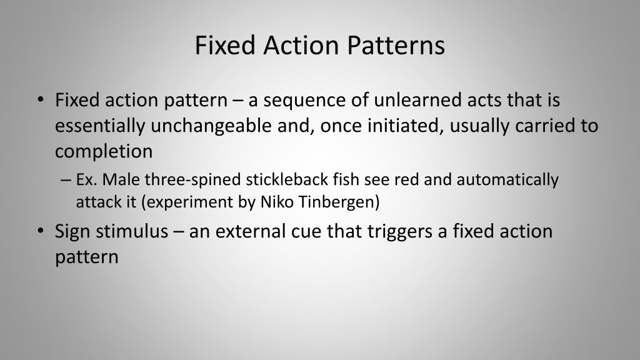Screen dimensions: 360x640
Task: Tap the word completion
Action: coord(104,151)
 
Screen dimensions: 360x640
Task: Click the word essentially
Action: coord(100,126)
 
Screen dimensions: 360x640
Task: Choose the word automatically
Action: coord(507,180)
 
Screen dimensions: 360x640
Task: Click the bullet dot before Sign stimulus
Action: coord(41,231)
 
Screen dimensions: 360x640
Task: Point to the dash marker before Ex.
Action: coord(66,180)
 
